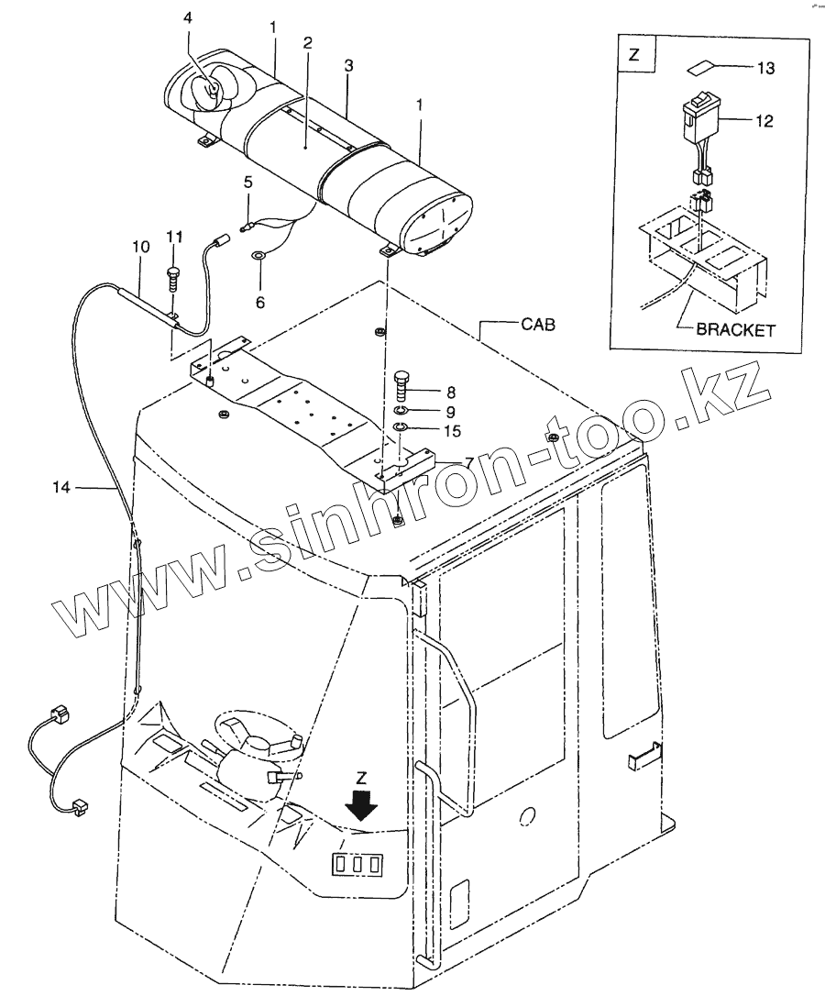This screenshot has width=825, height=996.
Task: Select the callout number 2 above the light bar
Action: tap(308, 43)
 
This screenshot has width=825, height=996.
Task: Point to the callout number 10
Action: tap(140, 247)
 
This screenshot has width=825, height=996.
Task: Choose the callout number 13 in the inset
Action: tap(765, 68)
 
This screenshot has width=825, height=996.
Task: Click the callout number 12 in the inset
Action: tap(764, 120)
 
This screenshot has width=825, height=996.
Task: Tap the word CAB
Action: tap(538, 324)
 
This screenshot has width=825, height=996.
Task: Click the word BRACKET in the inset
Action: tap(735, 330)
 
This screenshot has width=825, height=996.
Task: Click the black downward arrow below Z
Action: tap(363, 807)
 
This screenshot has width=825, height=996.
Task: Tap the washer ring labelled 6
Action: tap(259, 254)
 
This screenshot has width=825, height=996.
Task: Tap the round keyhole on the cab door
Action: tap(526, 816)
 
